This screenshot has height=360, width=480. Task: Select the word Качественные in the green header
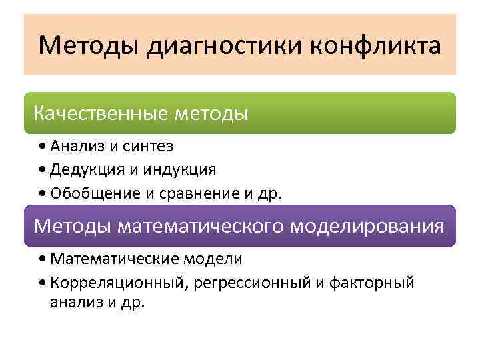click(99, 113)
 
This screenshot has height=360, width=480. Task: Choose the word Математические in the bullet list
click(111, 258)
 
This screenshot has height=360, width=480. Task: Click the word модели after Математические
click(209, 258)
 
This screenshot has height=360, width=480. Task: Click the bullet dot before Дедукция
click(43, 169)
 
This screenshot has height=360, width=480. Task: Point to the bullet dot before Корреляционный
click(43, 283)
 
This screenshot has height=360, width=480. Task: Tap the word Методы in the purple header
click(73, 226)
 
